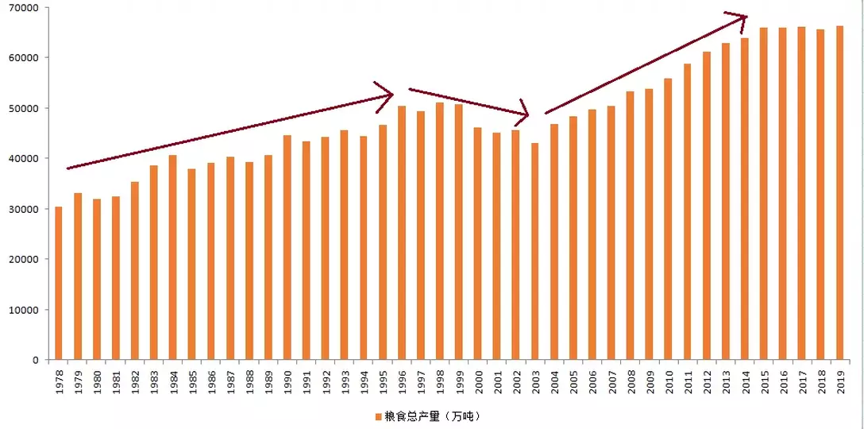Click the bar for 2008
631,226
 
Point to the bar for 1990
287,247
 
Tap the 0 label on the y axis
36,360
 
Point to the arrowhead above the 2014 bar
740,16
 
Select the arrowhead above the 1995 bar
388,91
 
